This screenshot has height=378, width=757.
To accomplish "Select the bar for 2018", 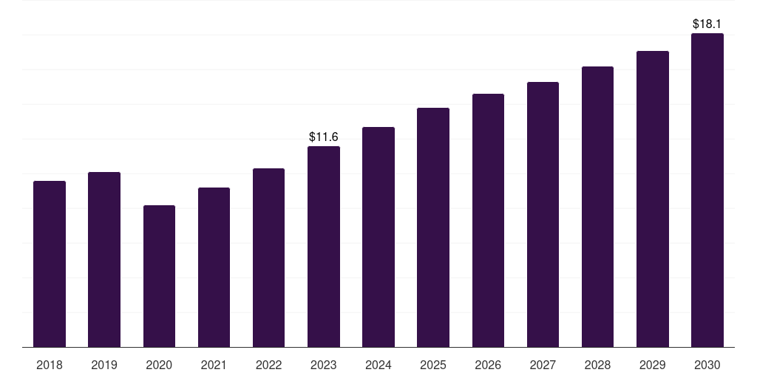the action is (x=50, y=264).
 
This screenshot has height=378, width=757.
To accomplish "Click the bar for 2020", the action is (x=160, y=276).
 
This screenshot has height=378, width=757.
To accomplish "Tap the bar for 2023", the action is (x=324, y=247).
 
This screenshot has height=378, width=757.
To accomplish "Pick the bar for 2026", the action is (x=488, y=220).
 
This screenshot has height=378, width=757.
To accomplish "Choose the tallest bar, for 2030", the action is (x=707, y=190).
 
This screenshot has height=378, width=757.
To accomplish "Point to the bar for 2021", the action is (x=214, y=267).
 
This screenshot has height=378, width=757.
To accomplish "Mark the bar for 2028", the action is (x=597, y=207).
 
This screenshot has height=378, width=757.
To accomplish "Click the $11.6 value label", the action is (x=324, y=137).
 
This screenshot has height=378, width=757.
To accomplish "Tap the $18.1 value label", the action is (x=707, y=24).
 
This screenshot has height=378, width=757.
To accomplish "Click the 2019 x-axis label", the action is (x=104, y=365).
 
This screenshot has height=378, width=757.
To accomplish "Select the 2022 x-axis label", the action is (x=268, y=365).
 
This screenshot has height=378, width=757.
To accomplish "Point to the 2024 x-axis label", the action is (x=378, y=365).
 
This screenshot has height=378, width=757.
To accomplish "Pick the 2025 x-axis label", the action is (x=433, y=365).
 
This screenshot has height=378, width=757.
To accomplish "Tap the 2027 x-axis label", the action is (x=543, y=365).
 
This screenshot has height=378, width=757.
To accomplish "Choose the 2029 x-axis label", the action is (x=652, y=365).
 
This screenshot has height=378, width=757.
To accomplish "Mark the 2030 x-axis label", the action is (x=707, y=365).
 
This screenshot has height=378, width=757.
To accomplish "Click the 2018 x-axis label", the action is (x=50, y=365).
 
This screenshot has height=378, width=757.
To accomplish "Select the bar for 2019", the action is (x=104, y=260).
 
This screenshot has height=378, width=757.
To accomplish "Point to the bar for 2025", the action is (x=433, y=227).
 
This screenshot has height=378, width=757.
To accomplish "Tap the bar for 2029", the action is (x=653, y=199).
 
